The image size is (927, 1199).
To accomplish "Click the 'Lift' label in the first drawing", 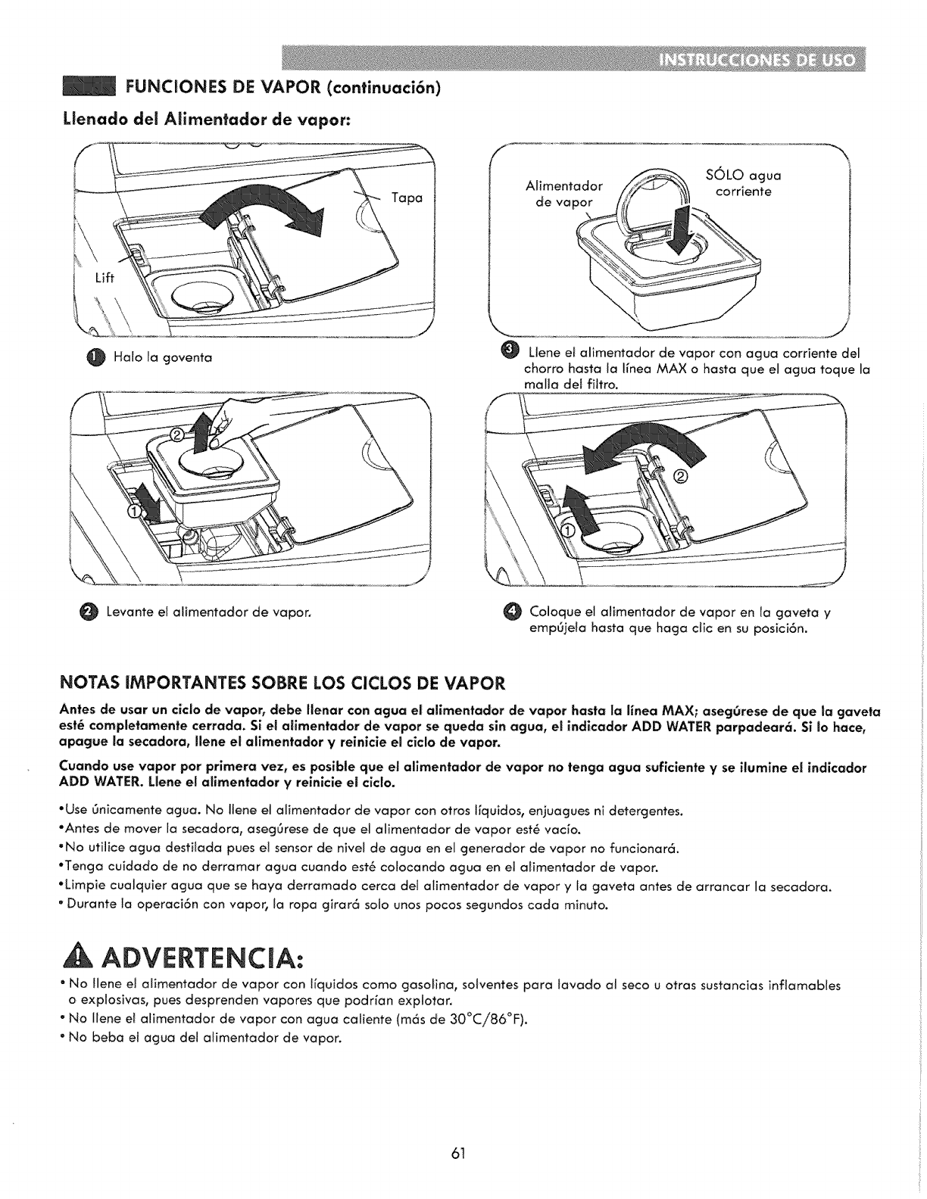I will point(104,277).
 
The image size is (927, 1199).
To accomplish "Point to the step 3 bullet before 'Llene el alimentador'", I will point(509,348).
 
